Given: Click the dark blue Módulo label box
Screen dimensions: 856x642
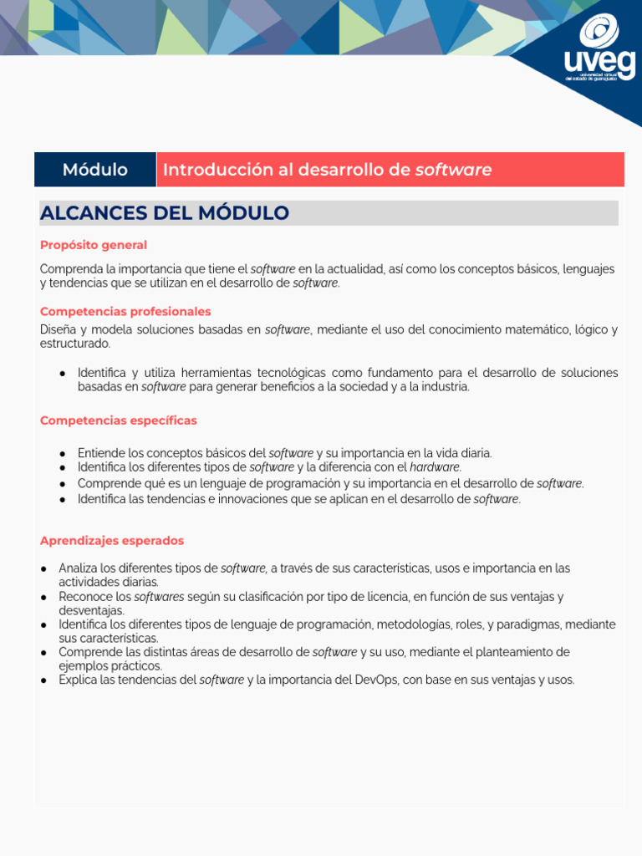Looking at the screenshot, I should [x=95, y=170].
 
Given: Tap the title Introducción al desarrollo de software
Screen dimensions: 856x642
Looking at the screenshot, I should [x=327, y=170].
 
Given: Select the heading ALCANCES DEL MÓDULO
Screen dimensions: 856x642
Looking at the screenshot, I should [x=165, y=213].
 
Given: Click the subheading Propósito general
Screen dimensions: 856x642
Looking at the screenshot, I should [x=94, y=245].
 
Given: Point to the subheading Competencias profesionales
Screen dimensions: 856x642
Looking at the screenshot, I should [x=125, y=311].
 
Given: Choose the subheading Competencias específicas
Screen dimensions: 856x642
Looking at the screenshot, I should [x=119, y=420].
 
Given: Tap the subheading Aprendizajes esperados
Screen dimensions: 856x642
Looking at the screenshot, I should [x=112, y=541].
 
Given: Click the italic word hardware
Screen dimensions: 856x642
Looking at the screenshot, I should [x=435, y=467].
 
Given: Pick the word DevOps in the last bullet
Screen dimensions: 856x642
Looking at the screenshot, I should [x=377, y=680].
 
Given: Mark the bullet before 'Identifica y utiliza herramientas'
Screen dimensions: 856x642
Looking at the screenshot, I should [x=63, y=373].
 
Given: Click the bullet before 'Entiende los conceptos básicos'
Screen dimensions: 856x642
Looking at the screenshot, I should [x=63, y=453].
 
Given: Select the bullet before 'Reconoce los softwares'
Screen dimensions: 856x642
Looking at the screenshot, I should [x=43, y=597].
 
